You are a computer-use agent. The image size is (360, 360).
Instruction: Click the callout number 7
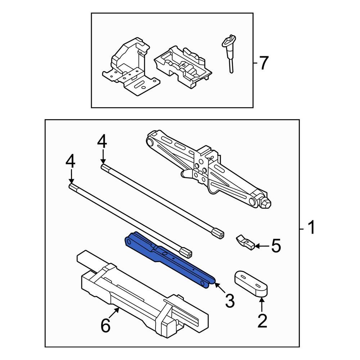click(264, 63)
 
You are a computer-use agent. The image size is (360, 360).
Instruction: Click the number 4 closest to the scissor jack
click(102, 141)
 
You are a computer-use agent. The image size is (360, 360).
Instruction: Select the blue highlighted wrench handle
click(169, 258)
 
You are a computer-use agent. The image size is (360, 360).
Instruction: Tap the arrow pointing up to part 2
click(262, 305)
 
